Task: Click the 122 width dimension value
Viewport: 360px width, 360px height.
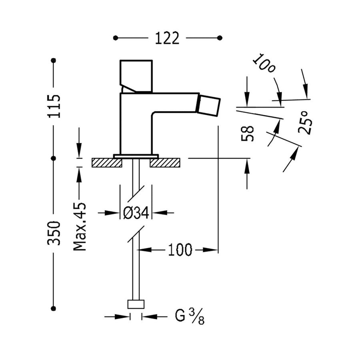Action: [167, 38]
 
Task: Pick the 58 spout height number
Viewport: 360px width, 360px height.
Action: [248, 133]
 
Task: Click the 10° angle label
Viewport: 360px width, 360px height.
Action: [264, 64]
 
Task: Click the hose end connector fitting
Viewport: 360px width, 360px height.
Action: [136, 304]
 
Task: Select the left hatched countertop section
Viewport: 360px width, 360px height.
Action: [107, 162]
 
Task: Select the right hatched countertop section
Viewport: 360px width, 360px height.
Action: [165, 162]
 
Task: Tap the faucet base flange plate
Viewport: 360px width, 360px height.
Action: [136, 156]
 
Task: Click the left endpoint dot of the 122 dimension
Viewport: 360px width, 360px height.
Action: [115, 38]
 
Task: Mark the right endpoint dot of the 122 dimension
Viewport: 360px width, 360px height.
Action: [220, 38]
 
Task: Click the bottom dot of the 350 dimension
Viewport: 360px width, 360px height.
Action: [53, 308]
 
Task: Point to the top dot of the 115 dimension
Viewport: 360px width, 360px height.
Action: [53, 60]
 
